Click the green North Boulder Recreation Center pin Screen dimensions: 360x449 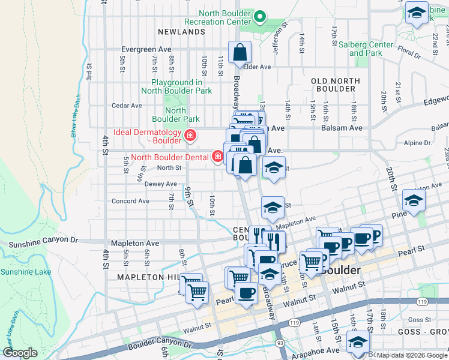click(x=260, y=16)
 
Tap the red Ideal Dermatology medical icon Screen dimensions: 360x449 click(x=190, y=136)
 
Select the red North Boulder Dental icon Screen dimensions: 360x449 click(x=218, y=157)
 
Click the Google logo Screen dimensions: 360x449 click(x=20, y=353)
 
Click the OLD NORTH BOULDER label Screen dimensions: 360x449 click(x=333, y=84)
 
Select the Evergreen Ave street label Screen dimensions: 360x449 click(x=146, y=49)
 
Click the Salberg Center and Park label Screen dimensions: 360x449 click(x=366, y=49)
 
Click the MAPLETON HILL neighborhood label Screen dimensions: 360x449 click(x=148, y=277)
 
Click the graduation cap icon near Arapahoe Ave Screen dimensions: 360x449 click(x=358, y=343)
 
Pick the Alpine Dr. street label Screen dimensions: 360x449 click(x=418, y=143)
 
